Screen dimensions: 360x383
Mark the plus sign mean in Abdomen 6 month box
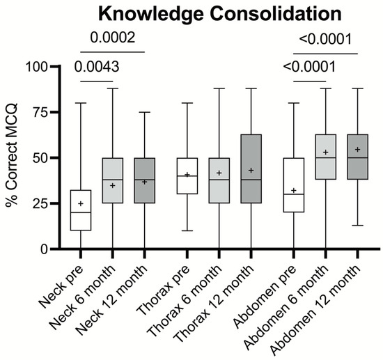[325, 152]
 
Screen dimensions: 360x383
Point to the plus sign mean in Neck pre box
[81, 204]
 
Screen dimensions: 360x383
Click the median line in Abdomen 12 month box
[357, 158]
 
